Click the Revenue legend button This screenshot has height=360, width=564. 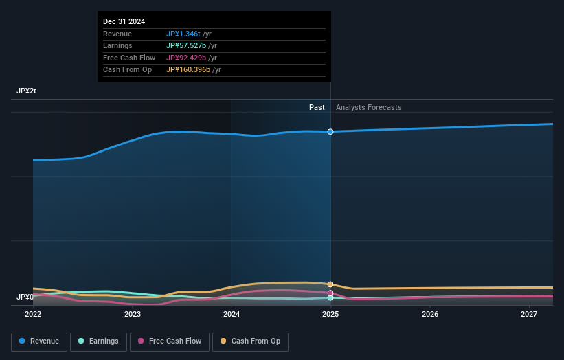(40, 341)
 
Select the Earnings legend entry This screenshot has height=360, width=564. (99, 341)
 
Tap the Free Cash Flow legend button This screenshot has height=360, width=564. (170, 341)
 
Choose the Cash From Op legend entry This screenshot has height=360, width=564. (250, 341)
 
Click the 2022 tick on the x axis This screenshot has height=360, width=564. (33, 314)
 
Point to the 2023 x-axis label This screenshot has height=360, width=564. (133, 314)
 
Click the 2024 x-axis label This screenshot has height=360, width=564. (232, 314)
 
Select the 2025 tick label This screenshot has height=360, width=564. (330, 314)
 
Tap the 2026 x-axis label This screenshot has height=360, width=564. (430, 314)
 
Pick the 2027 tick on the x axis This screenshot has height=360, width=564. (529, 314)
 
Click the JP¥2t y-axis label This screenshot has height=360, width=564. (27, 91)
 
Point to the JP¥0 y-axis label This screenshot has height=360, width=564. (25, 297)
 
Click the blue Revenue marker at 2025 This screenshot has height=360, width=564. (330, 131)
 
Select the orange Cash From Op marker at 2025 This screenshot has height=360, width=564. (330, 284)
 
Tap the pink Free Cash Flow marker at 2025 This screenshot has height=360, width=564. (330, 293)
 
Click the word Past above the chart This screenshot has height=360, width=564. (317, 107)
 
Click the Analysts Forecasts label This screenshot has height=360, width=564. (368, 107)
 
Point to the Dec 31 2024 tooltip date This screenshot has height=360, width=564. (124, 22)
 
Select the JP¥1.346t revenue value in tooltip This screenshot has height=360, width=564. (183, 34)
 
